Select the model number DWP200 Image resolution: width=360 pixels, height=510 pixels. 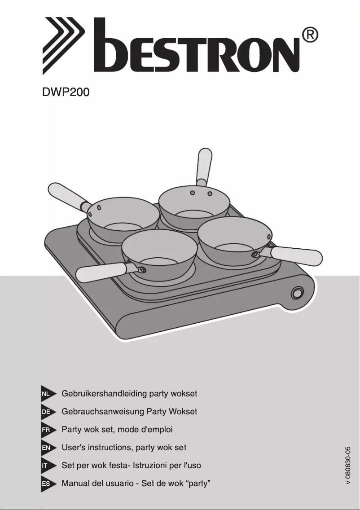coord(66,93)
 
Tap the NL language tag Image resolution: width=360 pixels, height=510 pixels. coord(46,394)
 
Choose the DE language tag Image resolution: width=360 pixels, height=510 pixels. coord(46,412)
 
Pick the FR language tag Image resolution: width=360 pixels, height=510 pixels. coord(46,430)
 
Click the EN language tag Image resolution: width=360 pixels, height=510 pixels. coord(46,448)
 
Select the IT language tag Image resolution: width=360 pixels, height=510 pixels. coord(45,466)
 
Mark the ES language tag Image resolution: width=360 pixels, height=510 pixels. coord(46,484)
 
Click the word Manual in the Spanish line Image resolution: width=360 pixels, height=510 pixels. coord(75,484)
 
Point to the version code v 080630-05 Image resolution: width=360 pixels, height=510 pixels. coord(348,465)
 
